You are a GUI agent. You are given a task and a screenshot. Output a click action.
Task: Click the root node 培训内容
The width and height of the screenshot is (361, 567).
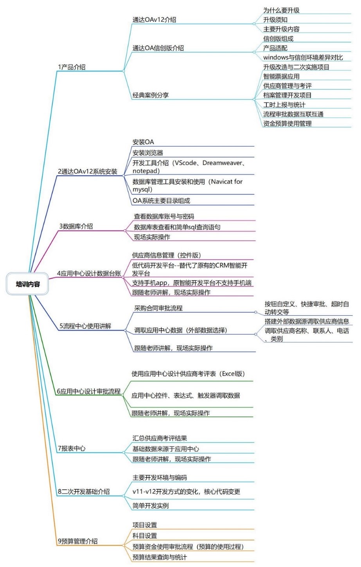click(x=27, y=284)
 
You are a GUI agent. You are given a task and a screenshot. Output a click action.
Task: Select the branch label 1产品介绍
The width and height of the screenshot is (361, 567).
click(x=72, y=67)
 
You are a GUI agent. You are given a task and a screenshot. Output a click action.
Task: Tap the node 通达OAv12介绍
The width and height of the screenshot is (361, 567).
click(x=154, y=20)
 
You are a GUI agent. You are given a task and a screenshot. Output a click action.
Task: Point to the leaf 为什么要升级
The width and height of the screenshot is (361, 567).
click(x=281, y=11)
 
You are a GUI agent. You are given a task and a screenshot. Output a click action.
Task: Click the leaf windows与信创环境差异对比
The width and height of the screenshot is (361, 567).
click(x=303, y=57)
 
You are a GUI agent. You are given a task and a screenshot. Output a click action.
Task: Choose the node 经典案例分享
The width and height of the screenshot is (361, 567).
click(x=151, y=95)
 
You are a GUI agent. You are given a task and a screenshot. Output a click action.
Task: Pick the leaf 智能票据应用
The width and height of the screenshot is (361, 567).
click(x=281, y=77)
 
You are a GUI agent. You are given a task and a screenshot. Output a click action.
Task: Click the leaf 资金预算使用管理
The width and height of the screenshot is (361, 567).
click(x=287, y=123)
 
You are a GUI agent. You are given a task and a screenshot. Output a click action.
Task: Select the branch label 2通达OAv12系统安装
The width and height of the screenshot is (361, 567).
click(x=88, y=172)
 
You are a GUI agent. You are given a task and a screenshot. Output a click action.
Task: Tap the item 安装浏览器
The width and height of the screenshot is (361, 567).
click(x=148, y=153)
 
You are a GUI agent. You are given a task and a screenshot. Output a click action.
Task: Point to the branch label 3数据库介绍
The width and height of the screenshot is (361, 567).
click(x=76, y=226)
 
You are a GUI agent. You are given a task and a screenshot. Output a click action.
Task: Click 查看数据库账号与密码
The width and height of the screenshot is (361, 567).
click(x=164, y=216)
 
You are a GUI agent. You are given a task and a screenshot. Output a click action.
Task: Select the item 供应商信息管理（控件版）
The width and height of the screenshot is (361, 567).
click(x=167, y=255)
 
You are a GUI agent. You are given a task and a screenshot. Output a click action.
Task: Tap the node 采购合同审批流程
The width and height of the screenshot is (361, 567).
click(x=158, y=308)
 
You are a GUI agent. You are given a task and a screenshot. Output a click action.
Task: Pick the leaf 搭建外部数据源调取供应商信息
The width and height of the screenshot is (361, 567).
click(x=307, y=321)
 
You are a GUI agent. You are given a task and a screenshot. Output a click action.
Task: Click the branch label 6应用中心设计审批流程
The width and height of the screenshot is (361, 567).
click(x=89, y=391)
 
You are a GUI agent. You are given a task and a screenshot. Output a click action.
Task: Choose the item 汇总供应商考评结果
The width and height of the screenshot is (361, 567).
click(x=160, y=438)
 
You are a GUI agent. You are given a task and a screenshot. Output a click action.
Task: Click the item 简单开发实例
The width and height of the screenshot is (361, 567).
click(x=151, y=506)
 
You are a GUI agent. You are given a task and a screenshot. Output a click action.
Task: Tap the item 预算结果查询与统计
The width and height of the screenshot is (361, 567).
click(x=160, y=557)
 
